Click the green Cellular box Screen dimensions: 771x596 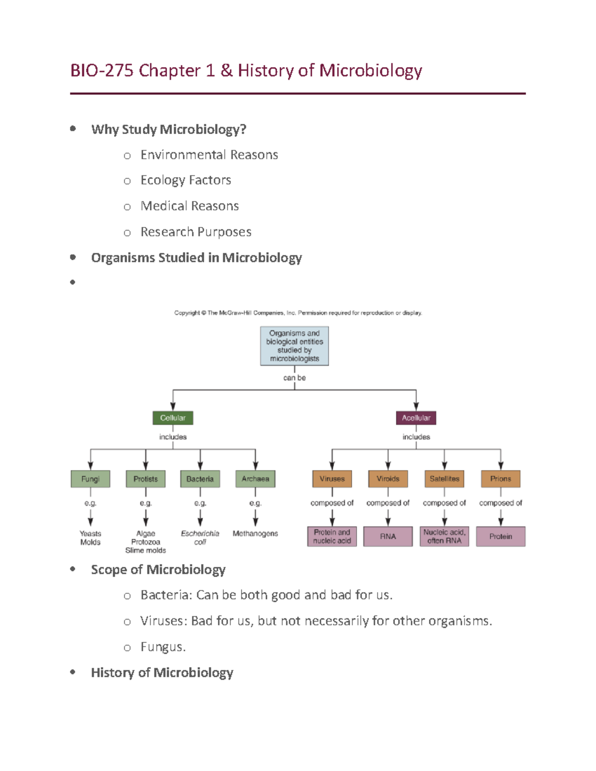tap(172, 418)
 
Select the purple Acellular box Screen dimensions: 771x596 tap(416, 418)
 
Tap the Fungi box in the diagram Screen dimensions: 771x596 tap(90, 479)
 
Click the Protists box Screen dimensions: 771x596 tap(146, 479)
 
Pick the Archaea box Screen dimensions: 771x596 tap(255, 479)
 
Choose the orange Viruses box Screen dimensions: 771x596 tap(332, 479)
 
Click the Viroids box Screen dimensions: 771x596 tap(388, 479)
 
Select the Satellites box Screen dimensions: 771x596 tap(445, 479)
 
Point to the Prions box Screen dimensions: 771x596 tap(501, 479)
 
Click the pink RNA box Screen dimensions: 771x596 tap(388, 537)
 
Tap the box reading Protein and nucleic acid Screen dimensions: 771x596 tap(332, 537)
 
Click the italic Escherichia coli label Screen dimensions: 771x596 tap(200, 538)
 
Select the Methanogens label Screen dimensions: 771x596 tap(255, 534)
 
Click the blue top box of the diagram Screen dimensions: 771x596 tap(295, 346)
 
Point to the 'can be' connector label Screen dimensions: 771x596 tap(295, 378)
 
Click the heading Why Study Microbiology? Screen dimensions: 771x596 tap(169, 130)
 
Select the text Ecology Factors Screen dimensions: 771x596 tap(186, 180)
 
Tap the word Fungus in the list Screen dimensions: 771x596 tap(162, 647)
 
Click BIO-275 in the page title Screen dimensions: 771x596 tap(102, 70)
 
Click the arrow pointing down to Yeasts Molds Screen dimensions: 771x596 tap(90, 519)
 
